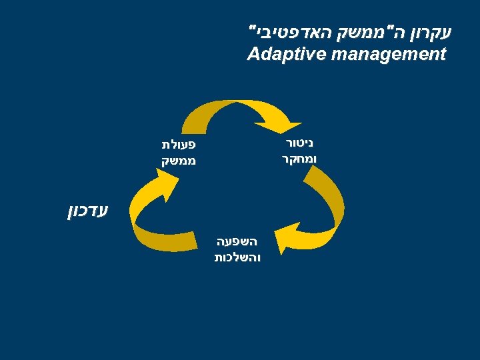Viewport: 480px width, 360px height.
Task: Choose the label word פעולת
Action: pos(177,144)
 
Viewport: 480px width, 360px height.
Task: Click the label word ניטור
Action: pos(298,143)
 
